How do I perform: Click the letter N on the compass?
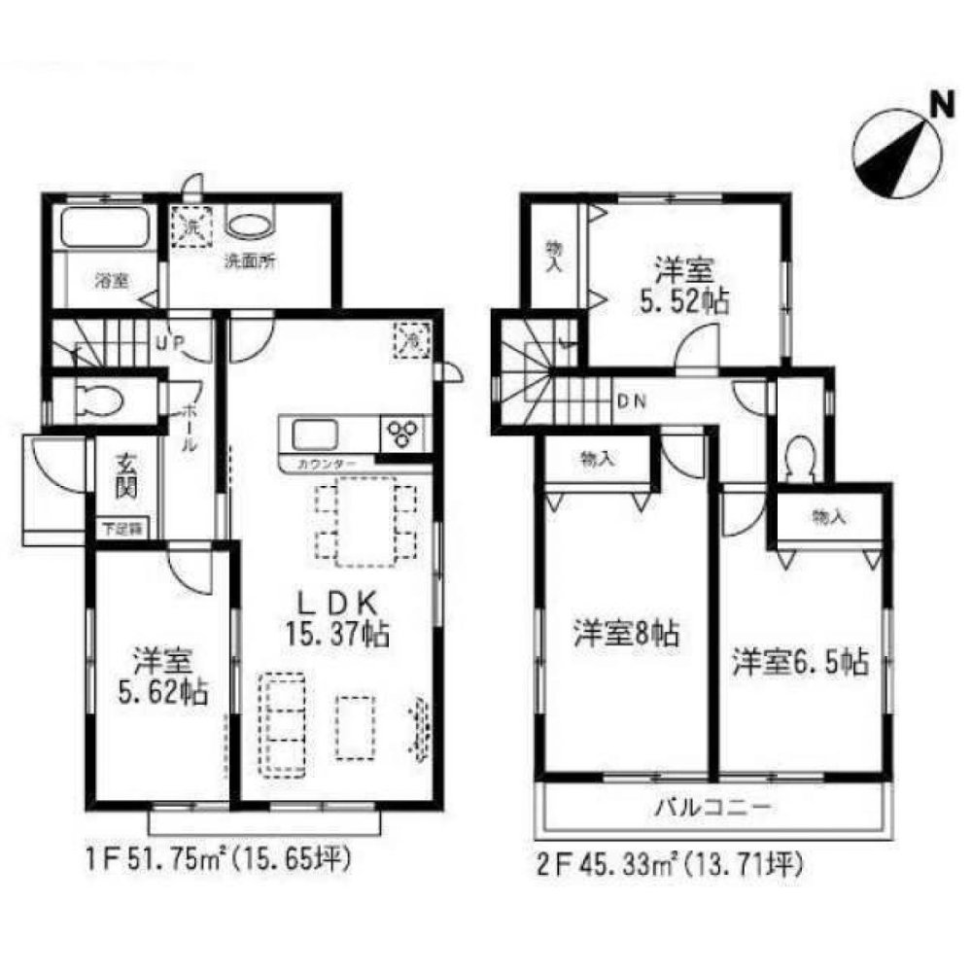point(939,104)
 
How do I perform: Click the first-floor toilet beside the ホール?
point(92,399)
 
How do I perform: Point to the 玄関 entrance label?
point(126,477)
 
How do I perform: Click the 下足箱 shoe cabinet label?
point(124,530)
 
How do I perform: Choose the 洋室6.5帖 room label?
point(799,663)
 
